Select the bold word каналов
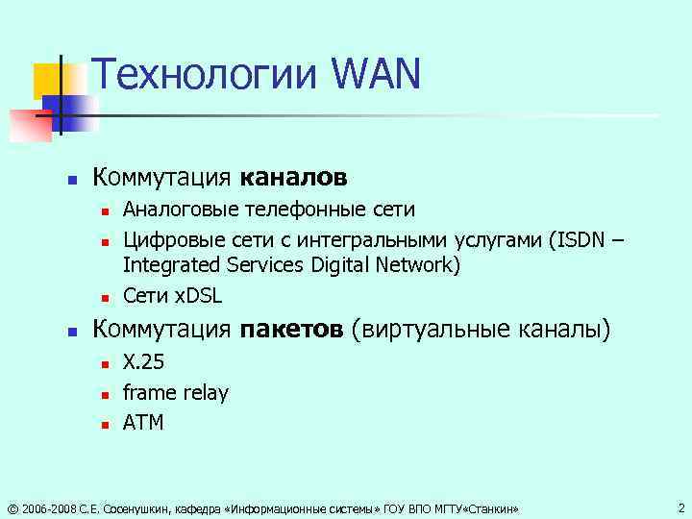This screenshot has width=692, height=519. coord(293,178)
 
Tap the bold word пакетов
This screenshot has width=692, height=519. coord(291,330)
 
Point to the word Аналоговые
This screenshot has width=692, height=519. coord(179,210)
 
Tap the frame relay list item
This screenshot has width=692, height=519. coord(176,392)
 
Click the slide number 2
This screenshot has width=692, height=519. coord(680,507)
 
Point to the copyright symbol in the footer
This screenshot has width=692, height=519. coord(11,507)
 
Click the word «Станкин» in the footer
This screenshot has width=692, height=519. coord(489,507)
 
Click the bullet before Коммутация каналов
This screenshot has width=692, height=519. coord(70,180)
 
